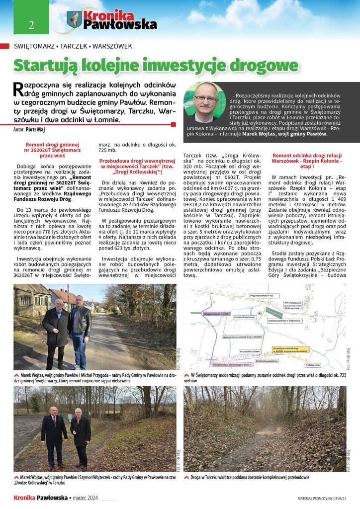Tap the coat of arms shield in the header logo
75,20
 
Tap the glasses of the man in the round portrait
204,98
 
